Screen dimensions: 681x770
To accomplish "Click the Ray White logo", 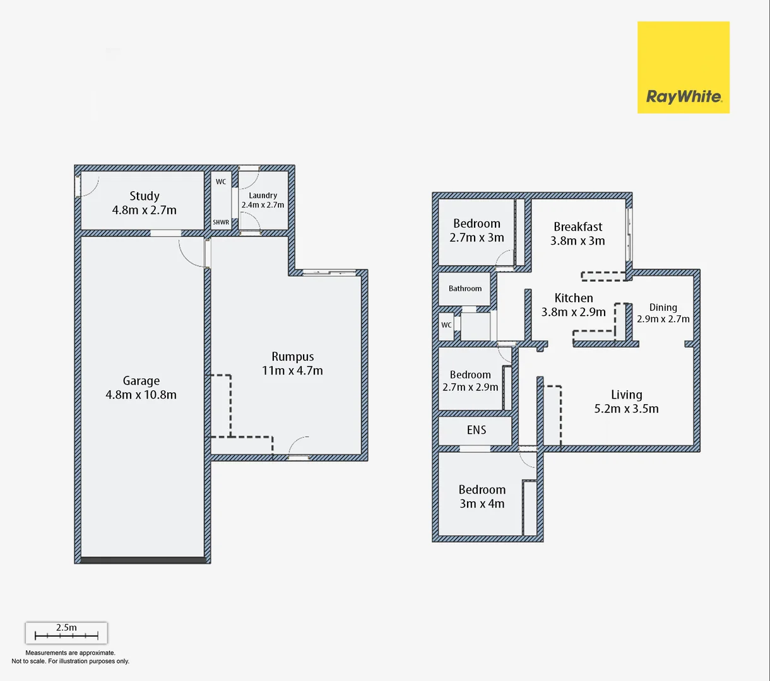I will [683, 67].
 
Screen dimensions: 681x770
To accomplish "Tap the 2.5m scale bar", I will [66, 633].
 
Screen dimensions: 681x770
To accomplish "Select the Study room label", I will [145, 196].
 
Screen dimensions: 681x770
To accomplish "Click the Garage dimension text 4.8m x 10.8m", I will [141, 395].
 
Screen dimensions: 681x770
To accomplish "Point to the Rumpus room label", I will [292, 357].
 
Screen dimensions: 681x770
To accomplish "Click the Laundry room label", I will [263, 195].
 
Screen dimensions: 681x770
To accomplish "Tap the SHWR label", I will [221, 223].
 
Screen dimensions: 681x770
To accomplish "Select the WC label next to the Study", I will [221, 182].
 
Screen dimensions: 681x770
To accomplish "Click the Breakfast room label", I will [577, 226].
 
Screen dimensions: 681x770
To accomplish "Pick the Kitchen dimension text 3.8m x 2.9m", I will [573, 312].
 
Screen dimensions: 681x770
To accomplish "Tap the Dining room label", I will [663, 308].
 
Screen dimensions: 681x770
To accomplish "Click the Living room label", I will [626, 395].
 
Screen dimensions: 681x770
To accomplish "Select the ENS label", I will [477, 430].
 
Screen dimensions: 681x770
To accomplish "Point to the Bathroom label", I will [465, 289].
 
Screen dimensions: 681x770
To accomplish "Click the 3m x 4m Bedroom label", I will [482, 496].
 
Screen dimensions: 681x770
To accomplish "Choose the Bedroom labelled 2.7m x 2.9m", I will [470, 381].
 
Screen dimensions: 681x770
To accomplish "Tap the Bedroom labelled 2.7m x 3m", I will [477, 230].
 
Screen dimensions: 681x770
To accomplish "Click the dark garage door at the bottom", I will [143, 560].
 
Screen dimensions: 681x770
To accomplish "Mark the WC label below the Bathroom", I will [446, 325].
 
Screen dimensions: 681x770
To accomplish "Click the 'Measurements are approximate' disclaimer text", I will [70, 653].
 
